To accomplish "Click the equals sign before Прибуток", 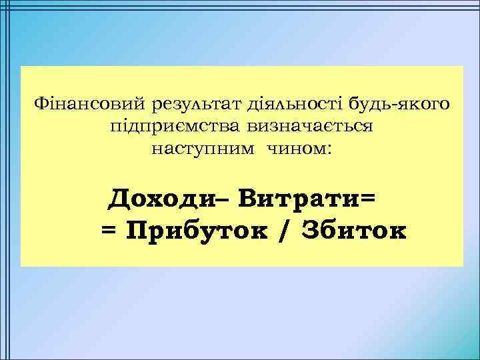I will pos(109,231).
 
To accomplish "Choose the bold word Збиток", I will pos(353,230).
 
